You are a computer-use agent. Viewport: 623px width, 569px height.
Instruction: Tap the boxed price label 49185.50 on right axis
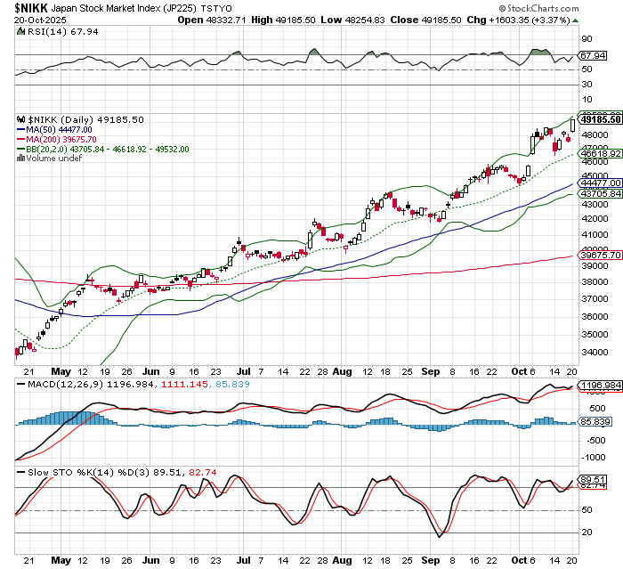pos(599,118)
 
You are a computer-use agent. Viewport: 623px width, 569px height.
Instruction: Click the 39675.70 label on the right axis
pos(599,255)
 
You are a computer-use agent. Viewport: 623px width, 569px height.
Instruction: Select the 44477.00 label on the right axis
pos(599,183)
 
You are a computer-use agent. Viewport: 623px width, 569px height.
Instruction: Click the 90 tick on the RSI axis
pos(587,39)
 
